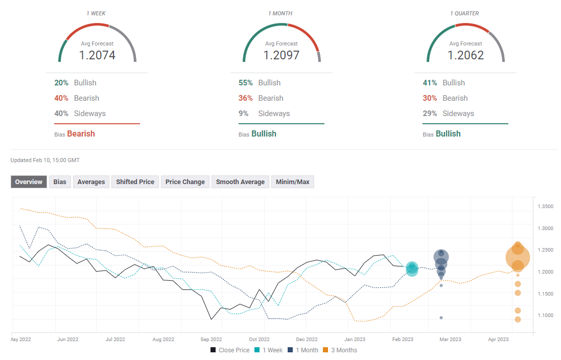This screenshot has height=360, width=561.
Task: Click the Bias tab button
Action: [x=60, y=182]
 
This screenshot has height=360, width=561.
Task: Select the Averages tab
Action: [x=91, y=182]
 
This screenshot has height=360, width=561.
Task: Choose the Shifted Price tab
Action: [x=135, y=182]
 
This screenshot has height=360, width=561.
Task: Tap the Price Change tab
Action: [x=185, y=182]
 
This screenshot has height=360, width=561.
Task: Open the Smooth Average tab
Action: [x=240, y=182]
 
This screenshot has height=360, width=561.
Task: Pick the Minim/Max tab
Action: [x=292, y=182]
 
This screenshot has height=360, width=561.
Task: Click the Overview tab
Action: [x=29, y=182]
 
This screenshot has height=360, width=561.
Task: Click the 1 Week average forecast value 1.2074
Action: [x=97, y=55]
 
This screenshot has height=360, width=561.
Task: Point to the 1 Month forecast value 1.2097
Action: [x=281, y=55]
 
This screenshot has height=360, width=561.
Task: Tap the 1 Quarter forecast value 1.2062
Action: [x=465, y=55]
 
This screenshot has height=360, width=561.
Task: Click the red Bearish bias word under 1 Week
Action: [x=81, y=133]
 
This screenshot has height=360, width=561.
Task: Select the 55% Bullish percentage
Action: [x=245, y=83]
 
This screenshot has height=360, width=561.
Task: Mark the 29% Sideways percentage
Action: [x=430, y=114]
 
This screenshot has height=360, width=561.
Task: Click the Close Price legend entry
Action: [x=230, y=350]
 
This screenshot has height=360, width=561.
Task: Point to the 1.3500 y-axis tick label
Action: [x=546, y=207]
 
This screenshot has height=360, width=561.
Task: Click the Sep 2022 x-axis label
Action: [x=211, y=339]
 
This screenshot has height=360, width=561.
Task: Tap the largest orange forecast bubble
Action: [x=518, y=257]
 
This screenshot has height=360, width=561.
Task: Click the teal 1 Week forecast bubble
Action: [x=412, y=268]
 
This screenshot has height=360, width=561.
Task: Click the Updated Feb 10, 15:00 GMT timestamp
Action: [x=45, y=160]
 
